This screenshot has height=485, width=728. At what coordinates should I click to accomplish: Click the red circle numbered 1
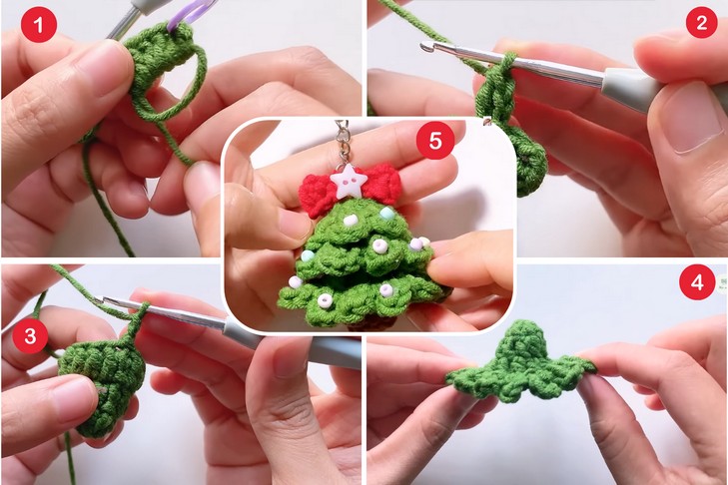pyautogui.click(x=39, y=25)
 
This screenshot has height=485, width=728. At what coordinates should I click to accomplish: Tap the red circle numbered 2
pyautogui.click(x=701, y=22)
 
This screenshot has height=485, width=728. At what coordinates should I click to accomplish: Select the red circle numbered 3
pyautogui.click(x=31, y=336)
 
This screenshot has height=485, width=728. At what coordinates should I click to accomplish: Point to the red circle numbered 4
pyautogui.click(x=697, y=282)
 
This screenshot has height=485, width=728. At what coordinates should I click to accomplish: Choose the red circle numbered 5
pyautogui.click(x=435, y=140)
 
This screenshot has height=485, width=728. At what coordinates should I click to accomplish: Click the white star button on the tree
pyautogui.click(x=349, y=181)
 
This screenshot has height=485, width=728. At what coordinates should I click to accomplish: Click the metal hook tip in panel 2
pyautogui.click(x=424, y=47)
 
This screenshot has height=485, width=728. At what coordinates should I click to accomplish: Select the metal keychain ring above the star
pyautogui.click(x=343, y=140)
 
